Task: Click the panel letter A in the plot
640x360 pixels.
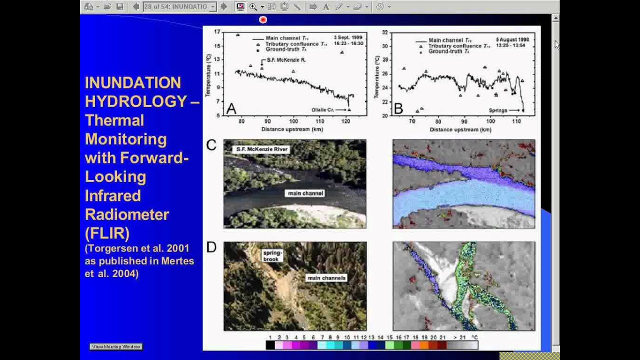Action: tap(231, 108)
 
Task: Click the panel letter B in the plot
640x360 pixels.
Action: tap(398, 108)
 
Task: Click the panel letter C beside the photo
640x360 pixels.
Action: tap(211, 145)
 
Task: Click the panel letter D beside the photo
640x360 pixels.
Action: tap(211, 247)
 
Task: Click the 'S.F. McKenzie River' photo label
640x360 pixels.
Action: tap(260, 149)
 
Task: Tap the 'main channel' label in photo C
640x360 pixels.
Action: tap(304, 193)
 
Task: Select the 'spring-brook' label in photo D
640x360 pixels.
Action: tap(272, 255)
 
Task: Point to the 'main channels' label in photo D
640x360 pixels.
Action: tap(326, 277)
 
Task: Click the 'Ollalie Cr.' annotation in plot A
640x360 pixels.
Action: tap(322, 109)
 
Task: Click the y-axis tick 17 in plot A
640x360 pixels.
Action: tap(217, 31)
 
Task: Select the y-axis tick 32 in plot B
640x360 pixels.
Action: tap(384, 32)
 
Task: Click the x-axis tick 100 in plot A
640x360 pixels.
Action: tap(293, 121)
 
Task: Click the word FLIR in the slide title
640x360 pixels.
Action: tap(107, 233)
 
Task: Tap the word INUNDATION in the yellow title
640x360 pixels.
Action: tap(132, 82)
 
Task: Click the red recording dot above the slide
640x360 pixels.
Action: tap(263, 19)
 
